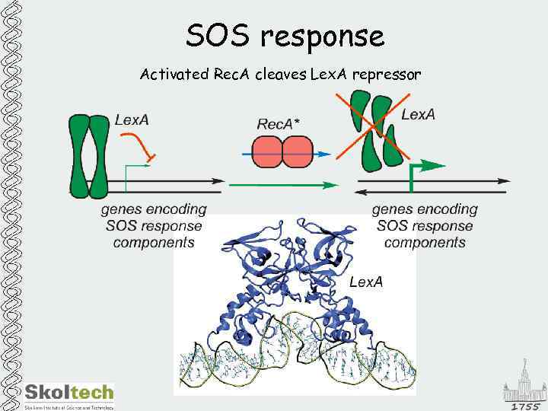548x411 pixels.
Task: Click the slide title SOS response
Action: pos(285,36)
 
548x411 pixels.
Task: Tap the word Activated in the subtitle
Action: pos(168,75)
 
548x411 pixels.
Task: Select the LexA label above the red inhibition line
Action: pos(132,119)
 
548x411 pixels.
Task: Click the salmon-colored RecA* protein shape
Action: pos(282,152)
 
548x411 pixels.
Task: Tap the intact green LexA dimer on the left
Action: pos(89,155)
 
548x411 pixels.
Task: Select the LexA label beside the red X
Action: pos(418,115)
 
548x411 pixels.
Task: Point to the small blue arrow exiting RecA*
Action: pos(323,154)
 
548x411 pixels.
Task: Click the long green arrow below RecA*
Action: pos(282,184)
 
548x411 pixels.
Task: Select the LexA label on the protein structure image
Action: pos(365,282)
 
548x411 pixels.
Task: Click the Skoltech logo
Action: pos(69,393)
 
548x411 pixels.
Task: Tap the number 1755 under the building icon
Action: pos(524,406)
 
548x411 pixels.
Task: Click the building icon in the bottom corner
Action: pos(524,384)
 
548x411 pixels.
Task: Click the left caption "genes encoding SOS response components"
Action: pos(154,225)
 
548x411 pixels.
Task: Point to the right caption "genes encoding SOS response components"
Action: pos(425,225)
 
